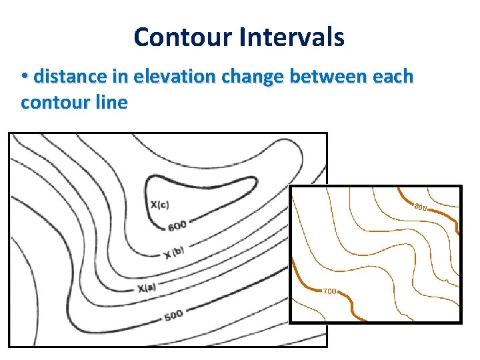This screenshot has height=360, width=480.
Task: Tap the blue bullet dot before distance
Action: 25,77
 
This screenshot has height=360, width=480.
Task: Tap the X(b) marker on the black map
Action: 173,253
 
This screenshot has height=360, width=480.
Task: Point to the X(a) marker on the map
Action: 147,288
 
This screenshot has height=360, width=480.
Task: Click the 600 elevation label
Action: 177,227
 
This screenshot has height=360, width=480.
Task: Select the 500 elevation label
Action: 173,315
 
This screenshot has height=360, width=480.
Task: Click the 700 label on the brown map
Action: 329,291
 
